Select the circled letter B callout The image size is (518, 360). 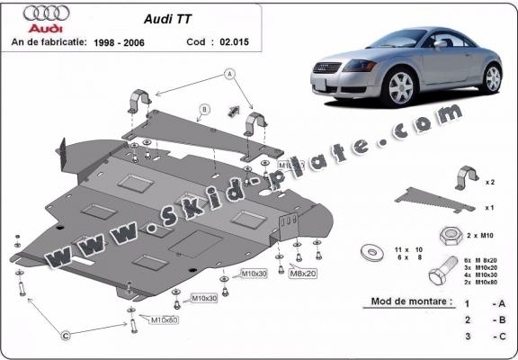click(x=204, y=110)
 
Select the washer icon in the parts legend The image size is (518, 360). click(x=370, y=251)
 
